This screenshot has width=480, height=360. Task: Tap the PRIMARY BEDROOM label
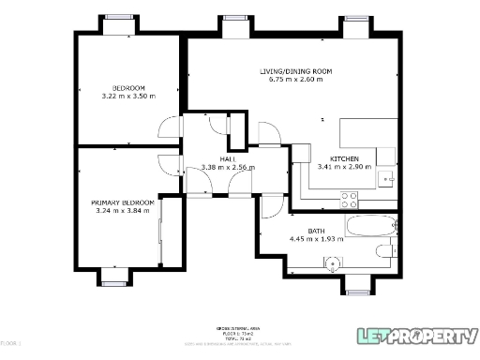click(x=123, y=202)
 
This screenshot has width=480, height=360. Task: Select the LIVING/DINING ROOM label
click(x=295, y=71)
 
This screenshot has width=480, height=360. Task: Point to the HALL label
click(x=228, y=159)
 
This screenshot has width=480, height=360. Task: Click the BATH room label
click(x=316, y=231)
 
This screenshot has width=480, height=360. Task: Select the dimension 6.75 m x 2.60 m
click(x=295, y=80)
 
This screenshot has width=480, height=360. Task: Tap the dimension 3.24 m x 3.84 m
click(x=123, y=211)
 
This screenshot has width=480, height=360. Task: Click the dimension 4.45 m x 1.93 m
click(x=316, y=239)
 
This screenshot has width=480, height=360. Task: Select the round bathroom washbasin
click(x=333, y=263)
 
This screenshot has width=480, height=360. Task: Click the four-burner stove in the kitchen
click(x=349, y=199)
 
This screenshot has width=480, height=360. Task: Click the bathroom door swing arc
click(x=267, y=208)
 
